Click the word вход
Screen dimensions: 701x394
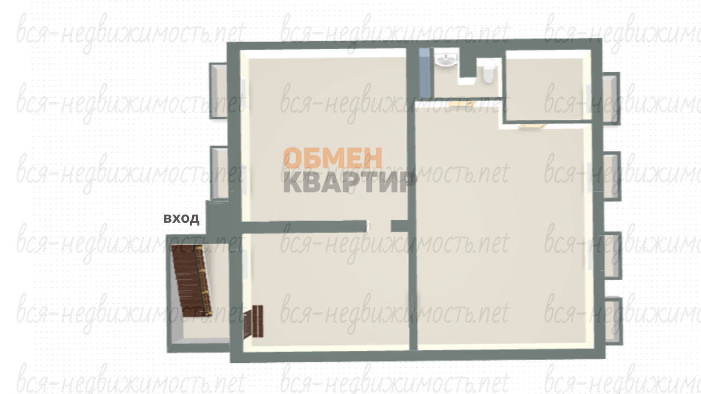(x=181, y=218)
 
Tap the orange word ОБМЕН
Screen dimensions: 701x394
(x=332, y=158)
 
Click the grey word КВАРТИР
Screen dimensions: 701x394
(x=349, y=182)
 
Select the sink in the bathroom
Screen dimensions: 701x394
(x=446, y=60)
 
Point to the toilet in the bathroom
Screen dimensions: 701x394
(x=488, y=72)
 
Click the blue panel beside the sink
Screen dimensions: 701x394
(x=424, y=73)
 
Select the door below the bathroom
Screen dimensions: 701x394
(x=462, y=104)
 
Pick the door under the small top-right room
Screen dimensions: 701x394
(x=532, y=126)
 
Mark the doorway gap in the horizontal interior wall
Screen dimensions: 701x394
(x=379, y=227)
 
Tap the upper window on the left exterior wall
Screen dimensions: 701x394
(x=219, y=91)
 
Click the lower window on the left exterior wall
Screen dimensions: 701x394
(x=220, y=173)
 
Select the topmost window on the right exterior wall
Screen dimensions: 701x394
(x=611, y=99)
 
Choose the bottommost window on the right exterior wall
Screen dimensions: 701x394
(x=614, y=321)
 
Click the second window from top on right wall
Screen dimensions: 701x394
(x=612, y=176)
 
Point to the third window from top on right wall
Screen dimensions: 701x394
(x=613, y=256)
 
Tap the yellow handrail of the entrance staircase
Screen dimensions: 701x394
(x=204, y=280)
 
